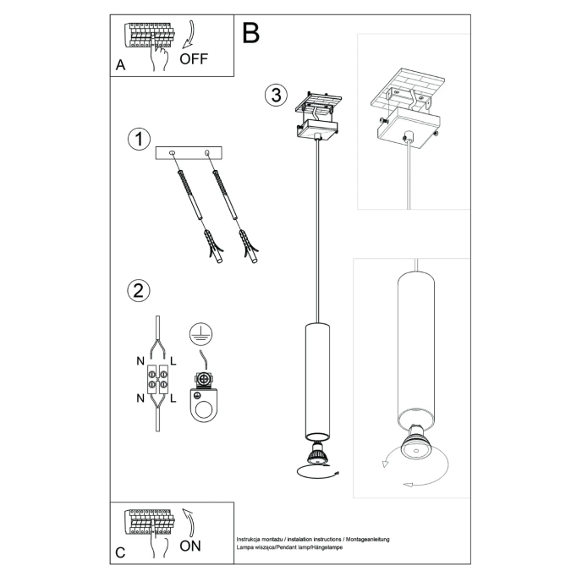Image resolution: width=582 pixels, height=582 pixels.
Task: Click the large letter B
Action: (250, 33)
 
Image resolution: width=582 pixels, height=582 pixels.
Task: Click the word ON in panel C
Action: (190, 546)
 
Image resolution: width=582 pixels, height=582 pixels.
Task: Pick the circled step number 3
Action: (273, 95)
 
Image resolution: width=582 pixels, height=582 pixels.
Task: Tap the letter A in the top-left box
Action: (120, 65)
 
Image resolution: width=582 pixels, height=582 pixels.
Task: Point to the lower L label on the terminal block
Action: (173, 397)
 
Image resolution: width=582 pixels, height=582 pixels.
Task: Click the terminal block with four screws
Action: (157, 379)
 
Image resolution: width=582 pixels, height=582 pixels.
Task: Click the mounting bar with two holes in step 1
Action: (188, 154)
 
